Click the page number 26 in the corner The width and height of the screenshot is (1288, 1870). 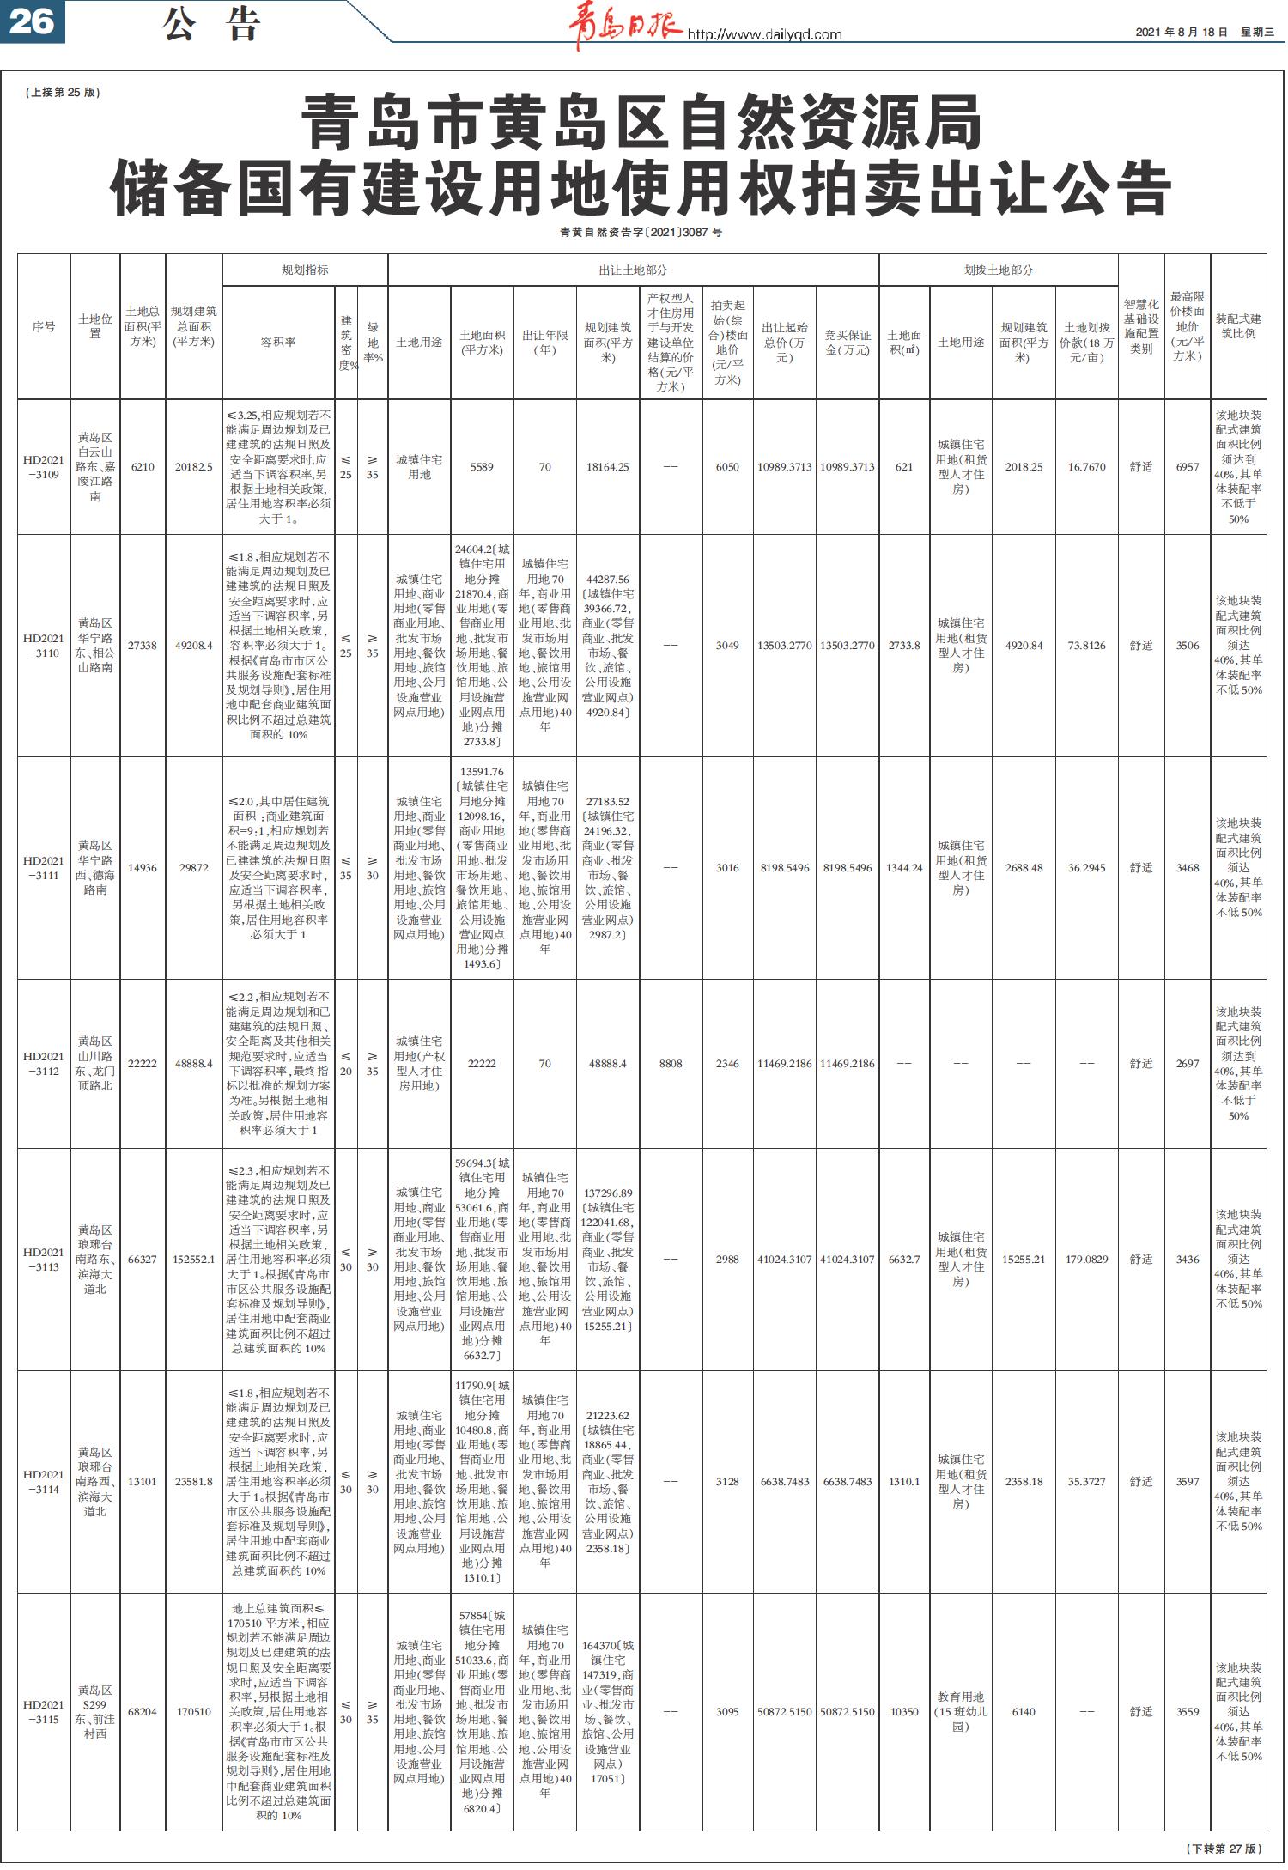33,21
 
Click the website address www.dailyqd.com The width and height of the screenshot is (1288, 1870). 764,35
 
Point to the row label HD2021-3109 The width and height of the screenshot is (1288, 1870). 44,467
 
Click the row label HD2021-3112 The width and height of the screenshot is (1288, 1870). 44,1064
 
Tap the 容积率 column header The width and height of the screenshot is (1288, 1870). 278,342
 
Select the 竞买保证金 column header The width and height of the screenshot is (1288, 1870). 848,342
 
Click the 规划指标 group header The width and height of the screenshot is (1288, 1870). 305,270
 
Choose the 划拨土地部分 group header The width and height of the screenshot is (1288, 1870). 999,270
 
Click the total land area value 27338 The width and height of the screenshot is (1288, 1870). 143,646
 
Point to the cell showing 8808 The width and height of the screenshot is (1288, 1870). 671,1064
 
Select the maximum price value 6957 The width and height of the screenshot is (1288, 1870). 1188,467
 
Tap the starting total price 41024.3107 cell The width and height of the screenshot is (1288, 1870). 785,1260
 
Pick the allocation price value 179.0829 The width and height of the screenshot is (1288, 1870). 1086,1260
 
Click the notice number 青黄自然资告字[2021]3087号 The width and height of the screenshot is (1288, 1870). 641,233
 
